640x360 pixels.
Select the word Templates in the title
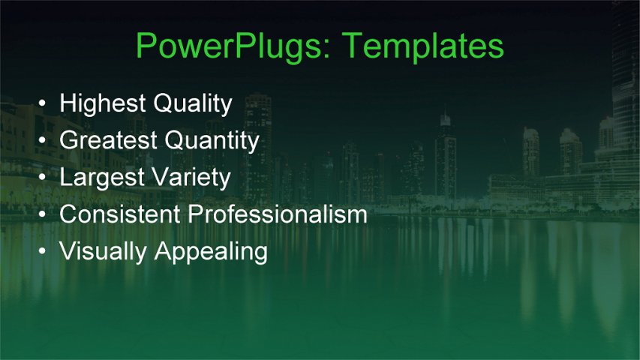[423, 46]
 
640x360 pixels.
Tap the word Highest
[103, 103]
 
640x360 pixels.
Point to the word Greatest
[109, 140]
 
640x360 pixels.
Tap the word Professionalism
[278, 214]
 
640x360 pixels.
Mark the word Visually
[104, 251]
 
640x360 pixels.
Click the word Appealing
[212, 252]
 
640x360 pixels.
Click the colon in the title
[330, 51]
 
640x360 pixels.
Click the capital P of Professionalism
[196, 214]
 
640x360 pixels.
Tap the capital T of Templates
[351, 46]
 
